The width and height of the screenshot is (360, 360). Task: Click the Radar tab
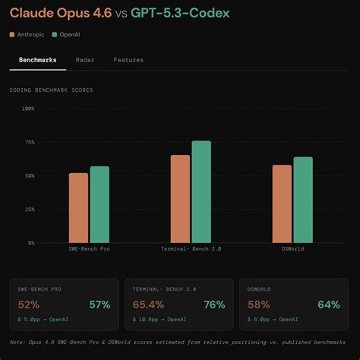85,59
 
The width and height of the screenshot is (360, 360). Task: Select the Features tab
128,59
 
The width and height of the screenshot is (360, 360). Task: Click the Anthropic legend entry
30,34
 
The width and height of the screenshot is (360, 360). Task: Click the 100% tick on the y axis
28,109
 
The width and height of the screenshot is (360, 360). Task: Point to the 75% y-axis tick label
29,142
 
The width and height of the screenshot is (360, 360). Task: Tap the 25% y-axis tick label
29,210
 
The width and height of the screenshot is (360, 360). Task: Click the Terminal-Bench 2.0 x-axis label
191,249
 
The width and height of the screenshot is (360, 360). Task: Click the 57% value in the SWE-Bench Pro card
99,305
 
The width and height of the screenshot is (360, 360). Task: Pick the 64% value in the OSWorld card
329,305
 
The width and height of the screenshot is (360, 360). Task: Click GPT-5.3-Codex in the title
181,13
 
